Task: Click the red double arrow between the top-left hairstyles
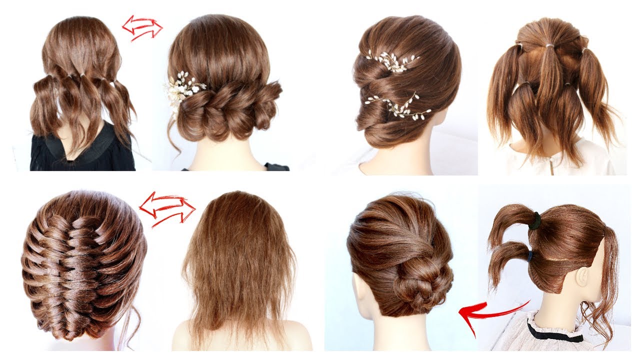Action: coord(142,27)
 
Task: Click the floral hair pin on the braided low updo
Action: coord(183,89)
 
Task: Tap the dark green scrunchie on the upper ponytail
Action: coord(535,220)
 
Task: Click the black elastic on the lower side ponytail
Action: coord(529,255)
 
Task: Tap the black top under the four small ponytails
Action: coord(82,152)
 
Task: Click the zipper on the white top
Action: coord(552,162)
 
